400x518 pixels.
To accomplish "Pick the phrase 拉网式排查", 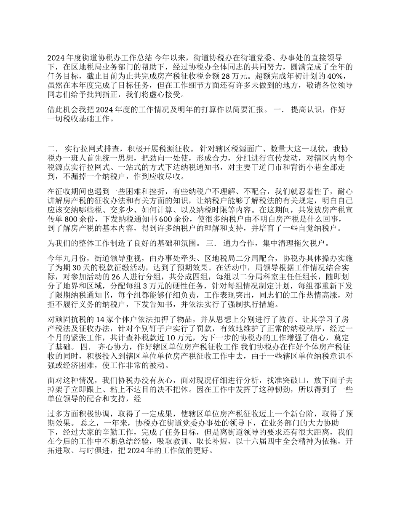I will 93,149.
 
